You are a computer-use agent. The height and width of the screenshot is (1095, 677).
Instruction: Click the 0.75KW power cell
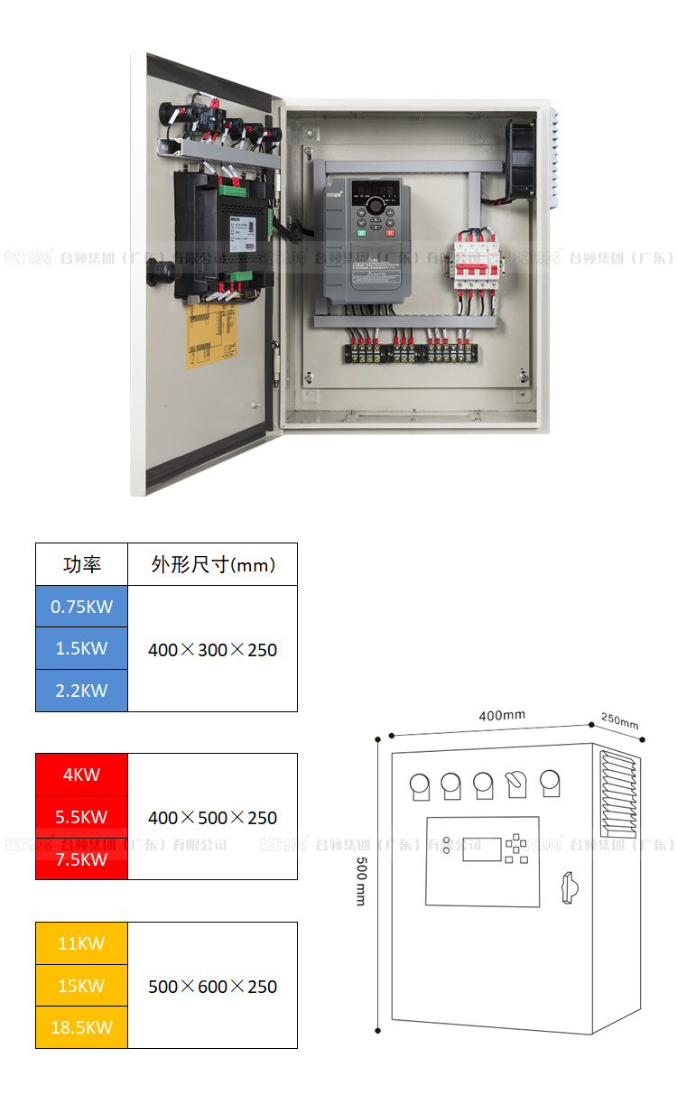click(81, 607)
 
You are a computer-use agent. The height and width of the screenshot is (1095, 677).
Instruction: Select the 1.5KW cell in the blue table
click(81, 648)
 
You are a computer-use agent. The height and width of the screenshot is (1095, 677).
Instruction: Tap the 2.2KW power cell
click(81, 691)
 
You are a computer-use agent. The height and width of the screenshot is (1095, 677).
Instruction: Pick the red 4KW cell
click(81, 775)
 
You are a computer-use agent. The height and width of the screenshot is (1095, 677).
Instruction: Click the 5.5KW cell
click(81, 817)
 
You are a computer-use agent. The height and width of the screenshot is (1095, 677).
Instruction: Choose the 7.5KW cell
click(81, 859)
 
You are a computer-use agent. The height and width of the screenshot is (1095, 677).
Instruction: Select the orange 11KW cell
click(81, 943)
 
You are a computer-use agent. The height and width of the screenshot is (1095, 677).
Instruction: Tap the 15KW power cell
click(81, 986)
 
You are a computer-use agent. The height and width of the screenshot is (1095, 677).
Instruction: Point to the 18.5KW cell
click(81, 1027)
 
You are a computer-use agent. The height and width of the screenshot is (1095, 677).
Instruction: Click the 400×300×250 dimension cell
click(212, 649)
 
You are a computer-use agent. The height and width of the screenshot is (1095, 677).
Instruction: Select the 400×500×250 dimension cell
click(212, 817)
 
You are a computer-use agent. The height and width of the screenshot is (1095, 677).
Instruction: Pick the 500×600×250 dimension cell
click(212, 986)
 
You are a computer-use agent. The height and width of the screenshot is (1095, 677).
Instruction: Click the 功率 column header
click(81, 565)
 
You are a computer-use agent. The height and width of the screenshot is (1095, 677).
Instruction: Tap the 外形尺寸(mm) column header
click(212, 565)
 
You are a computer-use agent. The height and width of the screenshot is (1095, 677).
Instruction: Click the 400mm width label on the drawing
click(502, 715)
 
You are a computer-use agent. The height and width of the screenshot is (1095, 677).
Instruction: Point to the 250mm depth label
click(619, 721)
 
